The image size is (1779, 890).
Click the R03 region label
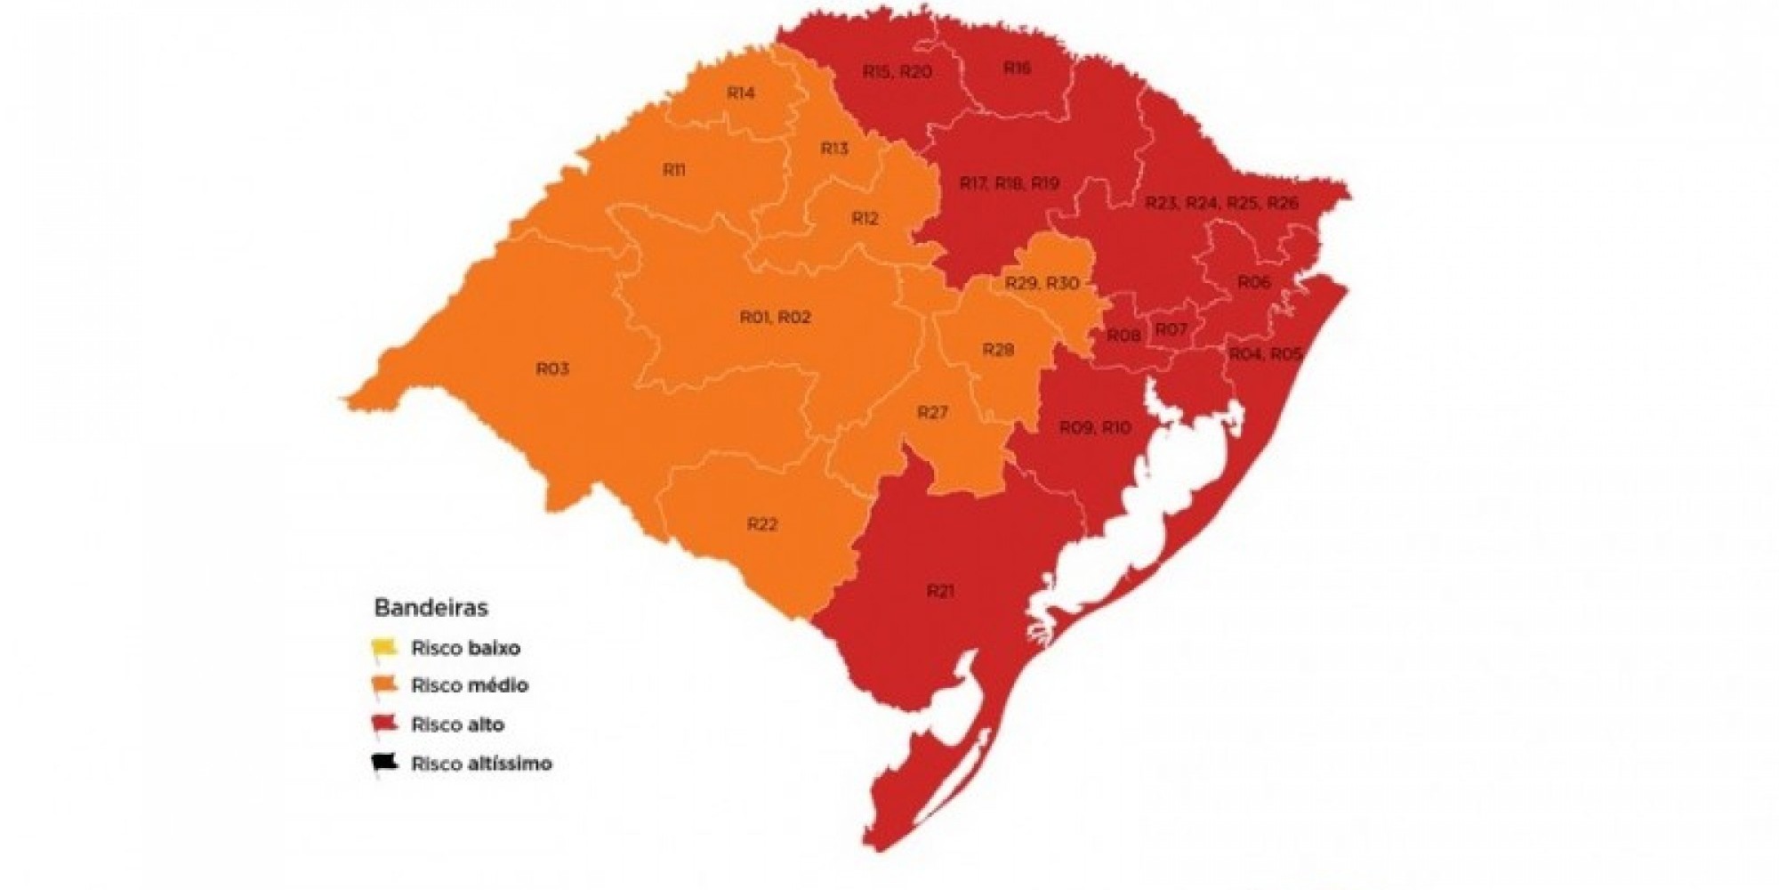(x=552, y=368)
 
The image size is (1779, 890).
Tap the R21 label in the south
(x=940, y=591)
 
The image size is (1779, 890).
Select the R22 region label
(x=762, y=524)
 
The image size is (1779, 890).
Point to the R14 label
(x=741, y=93)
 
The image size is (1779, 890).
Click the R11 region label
(x=674, y=170)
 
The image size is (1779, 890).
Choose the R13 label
(x=834, y=149)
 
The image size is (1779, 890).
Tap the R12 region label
(x=865, y=218)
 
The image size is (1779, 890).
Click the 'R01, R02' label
(x=776, y=317)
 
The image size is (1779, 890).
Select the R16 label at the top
(x=1017, y=68)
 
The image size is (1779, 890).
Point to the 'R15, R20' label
(x=897, y=72)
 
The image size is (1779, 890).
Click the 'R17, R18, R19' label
(x=1010, y=183)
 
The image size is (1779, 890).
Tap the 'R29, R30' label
(x=1042, y=283)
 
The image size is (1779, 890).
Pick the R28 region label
(x=998, y=350)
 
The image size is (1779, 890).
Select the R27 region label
(x=932, y=412)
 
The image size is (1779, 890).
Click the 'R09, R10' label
(x=1095, y=428)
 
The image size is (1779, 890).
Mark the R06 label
(x=1253, y=282)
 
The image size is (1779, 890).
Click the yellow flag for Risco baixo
(x=383, y=647)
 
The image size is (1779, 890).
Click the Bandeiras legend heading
(x=431, y=608)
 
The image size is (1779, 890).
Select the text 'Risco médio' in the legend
(x=470, y=685)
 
